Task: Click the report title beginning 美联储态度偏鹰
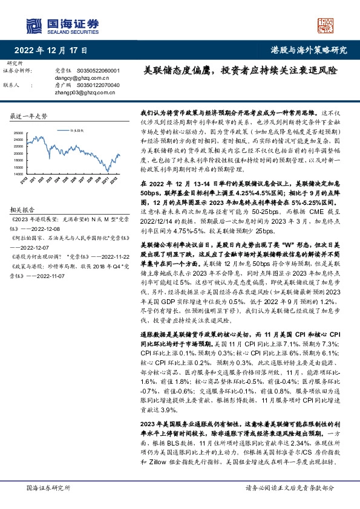240,70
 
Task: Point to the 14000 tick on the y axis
18,173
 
